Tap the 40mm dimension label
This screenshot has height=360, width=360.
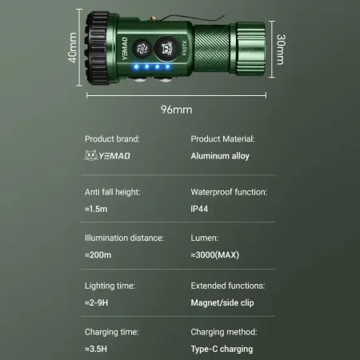point(73,48)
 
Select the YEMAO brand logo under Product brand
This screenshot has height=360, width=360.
point(107,156)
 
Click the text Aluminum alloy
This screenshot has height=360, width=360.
point(220,156)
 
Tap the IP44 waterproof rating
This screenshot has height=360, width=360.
point(201,209)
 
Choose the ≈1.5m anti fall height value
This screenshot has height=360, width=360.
point(98,209)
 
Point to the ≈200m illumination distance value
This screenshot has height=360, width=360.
point(100,255)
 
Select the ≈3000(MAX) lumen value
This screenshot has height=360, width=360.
point(215,255)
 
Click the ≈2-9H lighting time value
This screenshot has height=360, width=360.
point(98,302)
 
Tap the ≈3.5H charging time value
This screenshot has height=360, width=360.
point(98,348)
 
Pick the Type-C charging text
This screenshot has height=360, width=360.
point(222,348)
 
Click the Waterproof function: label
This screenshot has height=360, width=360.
point(228,193)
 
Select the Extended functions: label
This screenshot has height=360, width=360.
point(227,286)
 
